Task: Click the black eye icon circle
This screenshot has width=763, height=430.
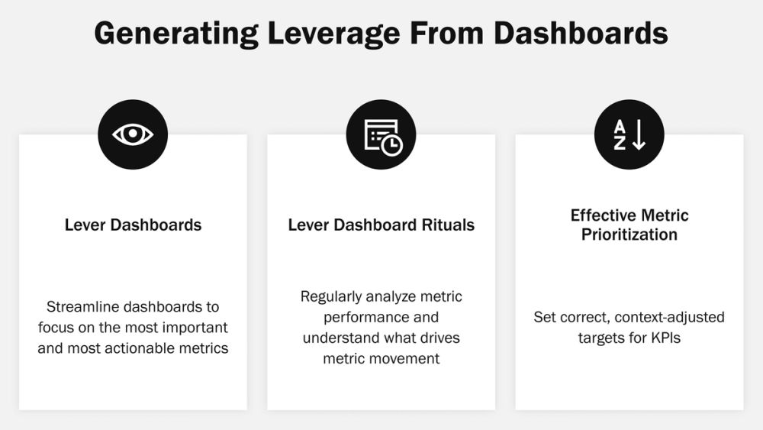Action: click(133, 134)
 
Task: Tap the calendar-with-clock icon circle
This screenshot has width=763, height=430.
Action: click(381, 134)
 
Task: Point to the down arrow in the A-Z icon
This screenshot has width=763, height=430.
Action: click(639, 135)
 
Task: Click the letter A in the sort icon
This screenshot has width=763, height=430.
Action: click(620, 127)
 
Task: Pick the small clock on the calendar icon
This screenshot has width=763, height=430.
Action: click(391, 145)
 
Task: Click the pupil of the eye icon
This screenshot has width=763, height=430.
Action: click(133, 134)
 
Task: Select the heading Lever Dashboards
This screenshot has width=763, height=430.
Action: click(133, 225)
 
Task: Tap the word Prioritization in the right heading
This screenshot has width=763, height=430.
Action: click(629, 234)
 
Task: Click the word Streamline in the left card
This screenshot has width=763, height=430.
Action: click(84, 307)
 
